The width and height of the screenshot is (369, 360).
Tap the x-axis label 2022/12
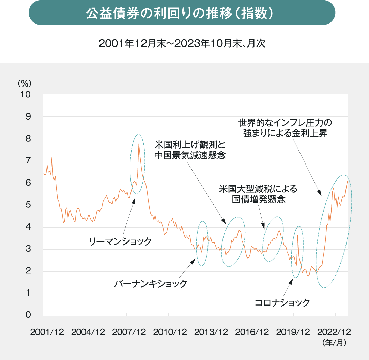tap(334, 332)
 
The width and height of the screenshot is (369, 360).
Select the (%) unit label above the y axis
tap(25, 83)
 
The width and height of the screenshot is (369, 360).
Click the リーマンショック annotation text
tap(120, 241)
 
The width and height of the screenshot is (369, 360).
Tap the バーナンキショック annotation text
tap(150, 283)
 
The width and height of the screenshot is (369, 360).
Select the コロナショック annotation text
tap(282, 302)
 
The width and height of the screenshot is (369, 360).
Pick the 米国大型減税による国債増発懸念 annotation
tap(258, 194)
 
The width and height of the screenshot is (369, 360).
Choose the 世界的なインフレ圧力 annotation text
tap(285, 128)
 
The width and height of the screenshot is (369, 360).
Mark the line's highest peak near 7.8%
tap(139, 144)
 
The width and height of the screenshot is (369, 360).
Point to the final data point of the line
tap(348, 181)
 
